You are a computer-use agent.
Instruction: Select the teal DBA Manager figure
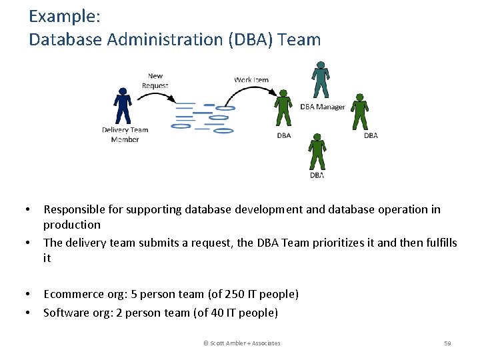point(321,79)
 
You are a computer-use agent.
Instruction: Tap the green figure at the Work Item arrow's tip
point(283,107)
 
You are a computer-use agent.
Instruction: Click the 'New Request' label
point(155,81)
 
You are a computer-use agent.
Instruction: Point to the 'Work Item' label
point(251,80)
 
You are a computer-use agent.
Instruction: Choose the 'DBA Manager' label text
point(323,107)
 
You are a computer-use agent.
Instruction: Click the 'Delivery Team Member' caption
point(125,135)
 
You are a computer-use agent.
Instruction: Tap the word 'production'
point(72,225)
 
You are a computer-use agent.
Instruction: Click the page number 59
point(447,343)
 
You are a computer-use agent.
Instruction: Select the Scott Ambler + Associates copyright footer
point(241,343)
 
